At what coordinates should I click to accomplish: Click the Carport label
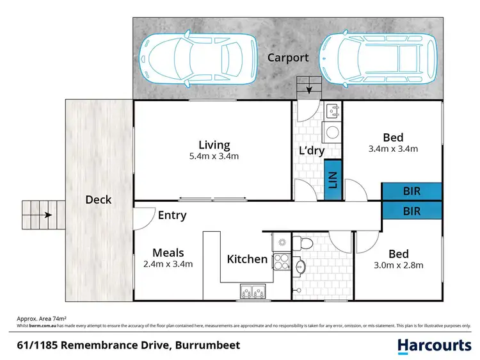point(287,58)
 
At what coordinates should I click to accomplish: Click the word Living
point(213,145)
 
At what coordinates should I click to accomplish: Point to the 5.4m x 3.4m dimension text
point(214,157)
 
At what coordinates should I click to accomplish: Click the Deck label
point(99,200)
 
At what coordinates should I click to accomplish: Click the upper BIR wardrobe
point(412,191)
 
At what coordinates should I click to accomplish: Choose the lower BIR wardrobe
point(412,209)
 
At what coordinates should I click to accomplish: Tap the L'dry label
point(312,151)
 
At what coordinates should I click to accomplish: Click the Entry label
point(172,215)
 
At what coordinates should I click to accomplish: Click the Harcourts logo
point(434,345)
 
